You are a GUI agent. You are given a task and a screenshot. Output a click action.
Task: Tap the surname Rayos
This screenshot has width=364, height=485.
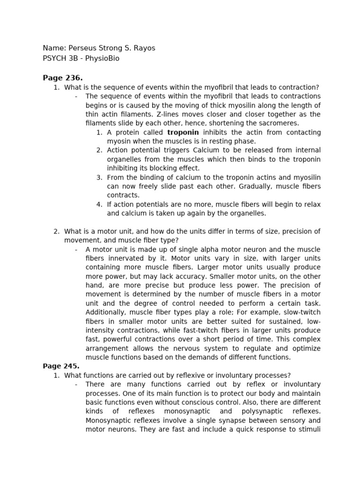[144, 48]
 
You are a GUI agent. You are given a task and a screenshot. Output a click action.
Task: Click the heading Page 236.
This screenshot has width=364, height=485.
[63, 78]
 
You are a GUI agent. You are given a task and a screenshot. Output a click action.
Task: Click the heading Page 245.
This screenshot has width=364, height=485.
[61, 366]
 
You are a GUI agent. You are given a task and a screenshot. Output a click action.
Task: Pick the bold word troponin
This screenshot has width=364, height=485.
[183, 132]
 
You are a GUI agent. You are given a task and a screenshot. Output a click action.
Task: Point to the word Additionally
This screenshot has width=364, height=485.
[108, 312]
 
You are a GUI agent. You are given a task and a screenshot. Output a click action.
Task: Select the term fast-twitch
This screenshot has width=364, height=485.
[212, 330]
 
